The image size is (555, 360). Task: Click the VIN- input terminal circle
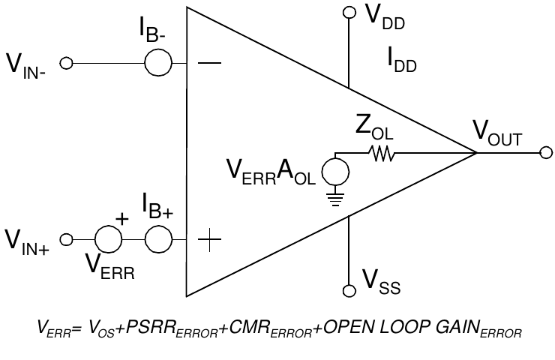(x=66, y=63)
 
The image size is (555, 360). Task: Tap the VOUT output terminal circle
(x=545, y=152)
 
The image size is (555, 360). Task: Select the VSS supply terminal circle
(x=348, y=290)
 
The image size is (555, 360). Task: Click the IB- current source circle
(x=158, y=63)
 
